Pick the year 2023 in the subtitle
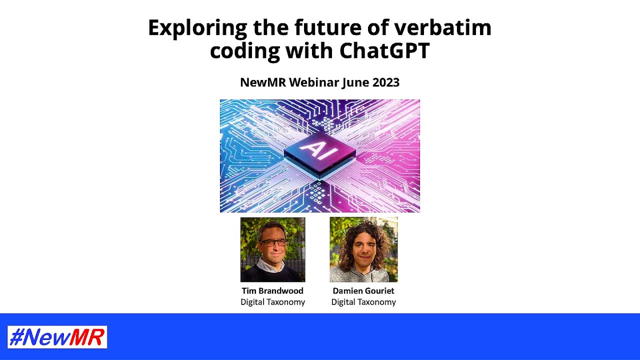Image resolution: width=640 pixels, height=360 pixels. click(x=385, y=82)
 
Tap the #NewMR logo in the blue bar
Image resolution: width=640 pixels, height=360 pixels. click(x=57, y=337)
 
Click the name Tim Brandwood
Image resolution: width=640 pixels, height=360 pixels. click(x=272, y=291)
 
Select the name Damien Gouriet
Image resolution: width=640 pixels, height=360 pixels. click(x=363, y=291)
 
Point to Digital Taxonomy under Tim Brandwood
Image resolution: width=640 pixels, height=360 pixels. click(x=272, y=302)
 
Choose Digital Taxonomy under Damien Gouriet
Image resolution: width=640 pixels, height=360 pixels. click(x=363, y=302)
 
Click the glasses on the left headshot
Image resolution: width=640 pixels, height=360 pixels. click(x=273, y=243)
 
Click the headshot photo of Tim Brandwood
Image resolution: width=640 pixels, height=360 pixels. click(x=272, y=249)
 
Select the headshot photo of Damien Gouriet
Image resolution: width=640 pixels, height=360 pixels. click(x=363, y=249)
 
